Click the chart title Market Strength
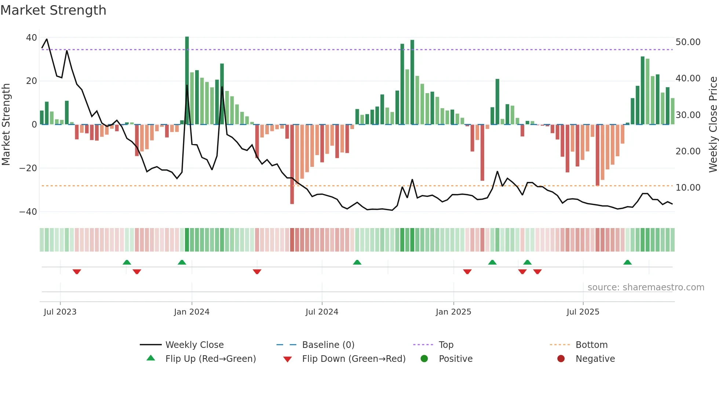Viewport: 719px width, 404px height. click(x=53, y=10)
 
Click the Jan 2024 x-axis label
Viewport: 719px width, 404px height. click(x=191, y=312)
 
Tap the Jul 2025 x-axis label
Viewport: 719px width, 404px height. click(x=583, y=312)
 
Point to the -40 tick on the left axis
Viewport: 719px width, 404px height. click(x=28, y=212)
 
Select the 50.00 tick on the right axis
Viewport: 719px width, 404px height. click(x=688, y=42)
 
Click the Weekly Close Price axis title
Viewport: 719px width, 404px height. click(x=713, y=125)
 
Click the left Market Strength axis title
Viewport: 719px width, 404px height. click(x=6, y=125)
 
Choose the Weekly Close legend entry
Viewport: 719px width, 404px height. click(x=194, y=345)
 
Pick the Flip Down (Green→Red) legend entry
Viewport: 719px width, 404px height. click(x=353, y=359)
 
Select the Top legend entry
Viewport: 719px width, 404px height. click(x=446, y=345)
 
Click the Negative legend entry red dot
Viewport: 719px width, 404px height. click(x=561, y=359)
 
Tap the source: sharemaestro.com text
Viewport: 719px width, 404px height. click(x=646, y=287)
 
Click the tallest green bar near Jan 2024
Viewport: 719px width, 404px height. click(x=187, y=81)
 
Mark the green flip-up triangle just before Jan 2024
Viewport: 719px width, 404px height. click(x=182, y=262)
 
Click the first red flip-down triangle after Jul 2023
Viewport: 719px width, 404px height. click(x=77, y=272)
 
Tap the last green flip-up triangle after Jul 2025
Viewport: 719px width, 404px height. click(x=627, y=262)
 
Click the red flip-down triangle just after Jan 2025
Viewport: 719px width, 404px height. click(x=467, y=272)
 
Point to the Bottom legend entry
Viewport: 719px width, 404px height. click(x=591, y=345)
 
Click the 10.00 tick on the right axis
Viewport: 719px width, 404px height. click(x=688, y=188)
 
